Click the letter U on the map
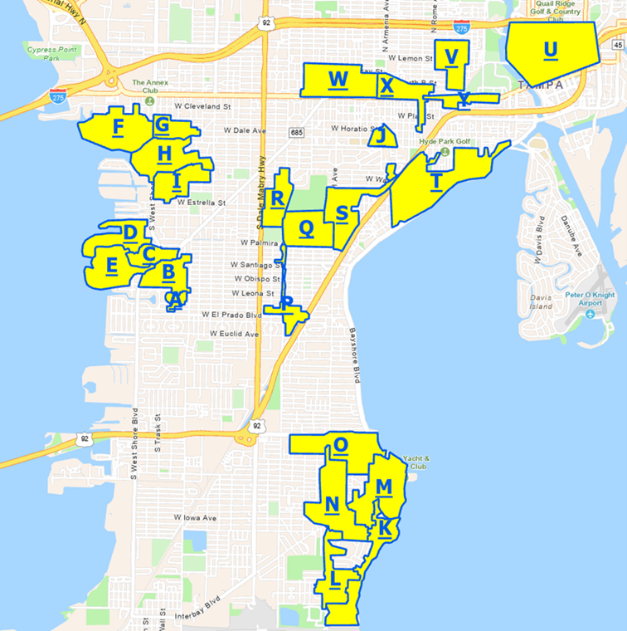coord(550,50)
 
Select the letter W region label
coord(337,80)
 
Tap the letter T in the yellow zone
coord(436,181)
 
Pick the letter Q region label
coord(306,227)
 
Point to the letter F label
coord(118,127)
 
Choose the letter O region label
coord(340,445)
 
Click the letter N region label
coord(332,504)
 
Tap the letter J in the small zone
coord(381,135)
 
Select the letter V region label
coord(451,56)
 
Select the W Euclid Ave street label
coord(234,333)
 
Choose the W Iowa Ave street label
coord(195,517)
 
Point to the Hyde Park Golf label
coord(445,142)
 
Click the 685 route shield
coord(296,133)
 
